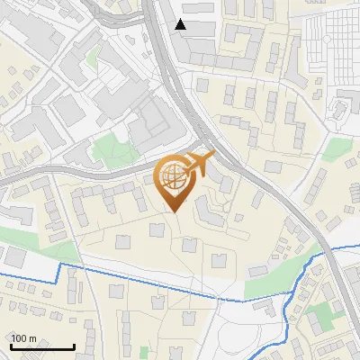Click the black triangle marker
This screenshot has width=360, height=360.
coord(181,24)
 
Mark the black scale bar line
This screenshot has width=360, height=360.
coord(41,347)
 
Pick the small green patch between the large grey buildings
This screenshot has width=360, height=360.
coord(109,145)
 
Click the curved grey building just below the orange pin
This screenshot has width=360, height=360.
coord(208,215)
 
